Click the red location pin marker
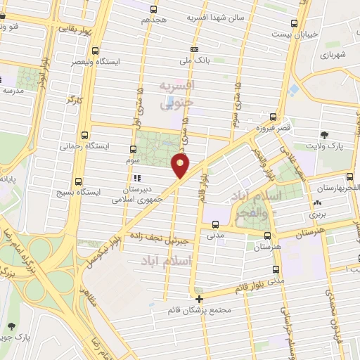point(180,165)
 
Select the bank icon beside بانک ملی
point(194,49)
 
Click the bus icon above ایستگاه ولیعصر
point(96,51)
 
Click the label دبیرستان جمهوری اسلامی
point(138,194)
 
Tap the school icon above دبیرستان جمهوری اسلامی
point(139,178)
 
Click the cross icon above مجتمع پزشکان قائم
point(199,298)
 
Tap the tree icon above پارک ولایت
point(324,135)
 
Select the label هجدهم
point(153,21)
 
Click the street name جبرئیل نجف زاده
point(163,240)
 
